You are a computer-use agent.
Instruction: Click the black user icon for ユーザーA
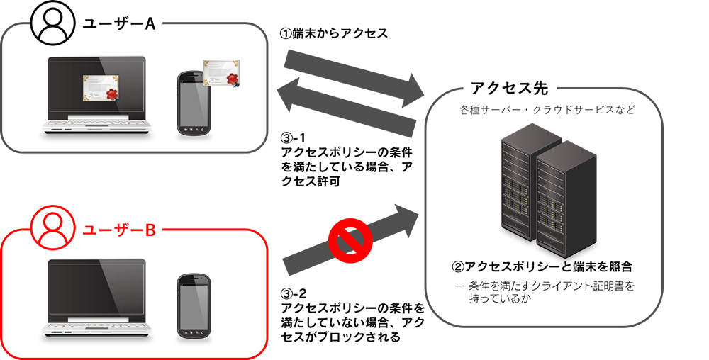coord(53,25)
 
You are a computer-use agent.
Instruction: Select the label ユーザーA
coord(119,23)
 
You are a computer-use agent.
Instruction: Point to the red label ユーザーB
coord(119,230)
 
